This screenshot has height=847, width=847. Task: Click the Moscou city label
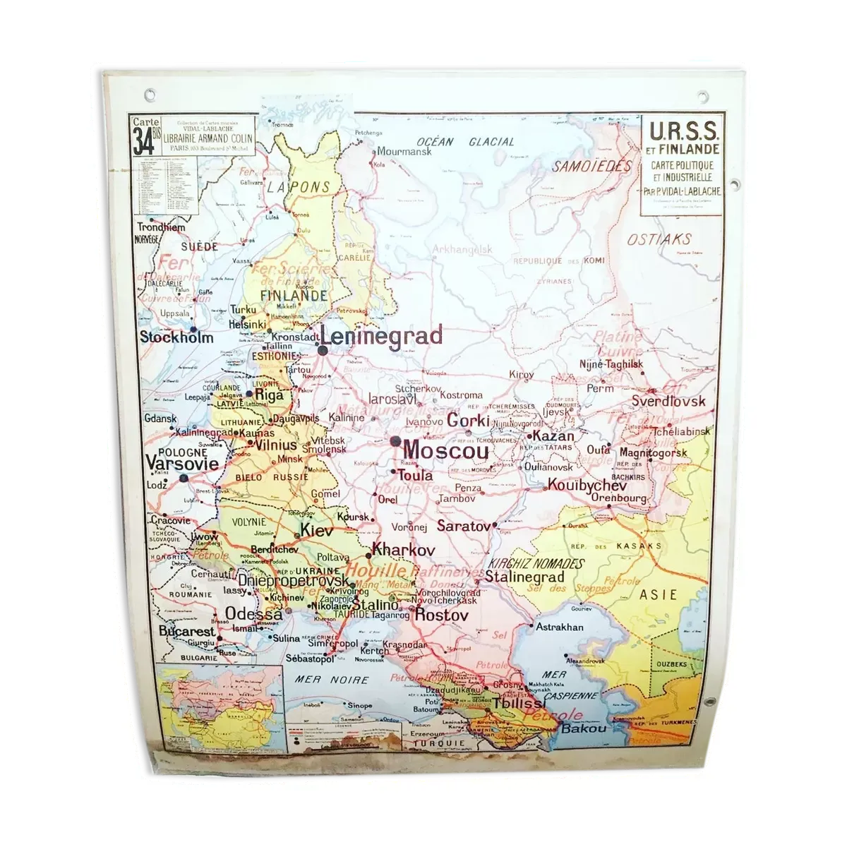(446, 450)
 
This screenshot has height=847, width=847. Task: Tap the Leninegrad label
(382, 336)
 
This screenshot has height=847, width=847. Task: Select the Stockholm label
(176, 337)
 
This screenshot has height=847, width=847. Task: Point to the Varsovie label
(182, 464)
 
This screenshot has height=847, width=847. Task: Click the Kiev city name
(316, 529)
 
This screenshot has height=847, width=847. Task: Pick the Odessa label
(254, 614)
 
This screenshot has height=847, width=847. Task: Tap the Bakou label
(584, 728)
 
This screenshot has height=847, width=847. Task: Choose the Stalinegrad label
(524, 577)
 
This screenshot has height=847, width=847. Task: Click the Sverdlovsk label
(668, 401)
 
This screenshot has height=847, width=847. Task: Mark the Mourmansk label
(404, 151)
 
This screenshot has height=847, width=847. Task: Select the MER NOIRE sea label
(332, 680)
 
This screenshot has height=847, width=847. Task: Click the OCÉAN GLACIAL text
(465, 142)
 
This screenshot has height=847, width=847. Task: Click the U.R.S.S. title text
(683, 131)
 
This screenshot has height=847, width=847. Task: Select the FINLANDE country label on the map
(294, 296)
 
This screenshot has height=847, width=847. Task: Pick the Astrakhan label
(560, 627)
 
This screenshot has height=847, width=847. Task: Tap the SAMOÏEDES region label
(591, 167)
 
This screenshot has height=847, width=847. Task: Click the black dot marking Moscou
(395, 440)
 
